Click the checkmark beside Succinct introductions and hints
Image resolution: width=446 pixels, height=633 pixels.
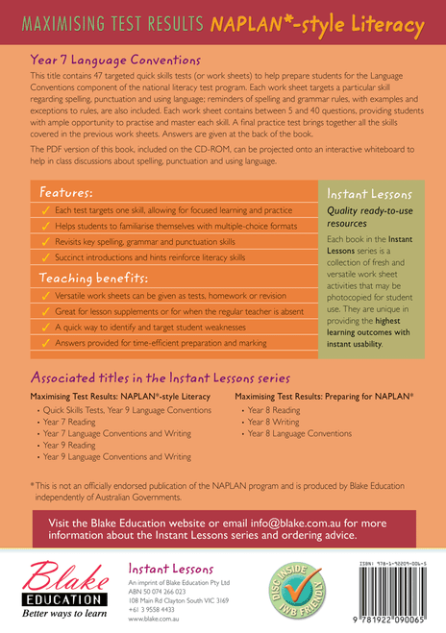click(x=42, y=257)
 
